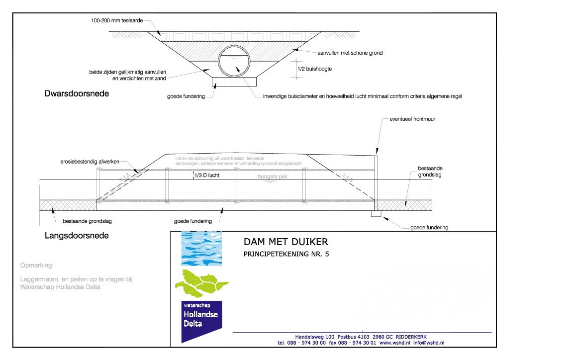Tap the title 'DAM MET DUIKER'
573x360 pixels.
tap(286, 242)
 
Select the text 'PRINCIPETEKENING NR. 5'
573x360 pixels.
tap(286, 254)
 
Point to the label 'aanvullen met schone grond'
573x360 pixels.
tap(350, 53)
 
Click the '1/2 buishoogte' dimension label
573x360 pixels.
tap(314, 69)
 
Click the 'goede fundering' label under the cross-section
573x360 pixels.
tap(186, 96)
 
